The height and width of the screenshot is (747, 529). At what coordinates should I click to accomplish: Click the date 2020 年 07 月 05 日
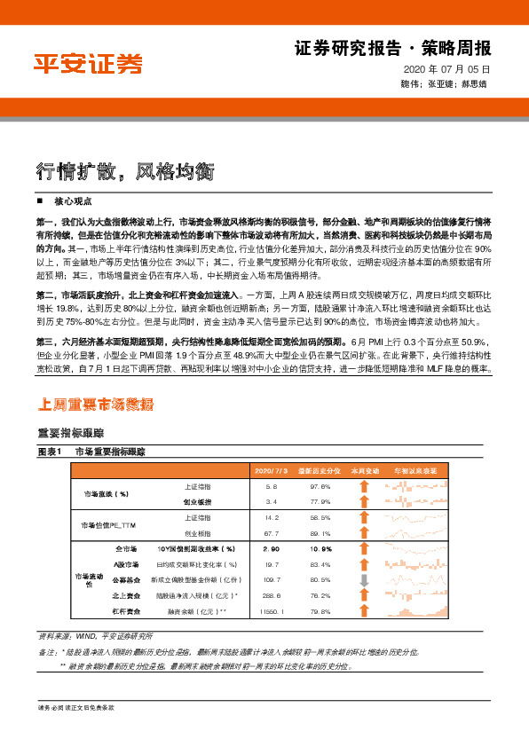point(446,68)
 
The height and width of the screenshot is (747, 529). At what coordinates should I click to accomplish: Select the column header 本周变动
point(364,470)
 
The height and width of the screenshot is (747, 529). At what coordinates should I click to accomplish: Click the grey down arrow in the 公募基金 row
point(363,580)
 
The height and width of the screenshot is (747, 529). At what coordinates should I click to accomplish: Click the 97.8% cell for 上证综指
point(320,487)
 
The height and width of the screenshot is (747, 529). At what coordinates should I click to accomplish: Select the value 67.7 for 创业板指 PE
point(272,534)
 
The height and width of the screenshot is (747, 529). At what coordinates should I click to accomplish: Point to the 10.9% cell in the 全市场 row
point(320,549)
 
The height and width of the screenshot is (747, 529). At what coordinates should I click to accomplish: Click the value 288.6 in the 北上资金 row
point(272,596)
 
